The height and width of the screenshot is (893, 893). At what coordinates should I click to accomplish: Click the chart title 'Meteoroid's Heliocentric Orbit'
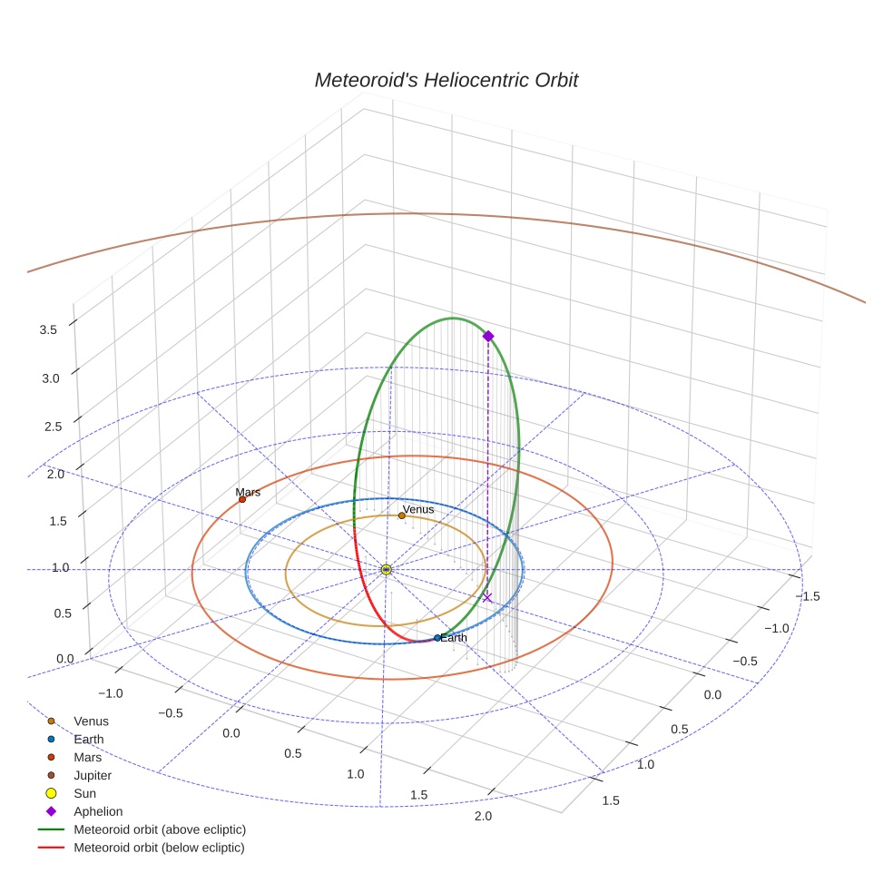pyautogui.click(x=446, y=80)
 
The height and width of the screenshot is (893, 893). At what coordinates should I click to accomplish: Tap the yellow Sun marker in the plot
pyautogui.click(x=387, y=569)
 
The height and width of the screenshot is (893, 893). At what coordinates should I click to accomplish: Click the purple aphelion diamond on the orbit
pyautogui.click(x=488, y=336)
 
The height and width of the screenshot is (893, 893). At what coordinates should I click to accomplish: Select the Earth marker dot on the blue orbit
pyautogui.click(x=437, y=638)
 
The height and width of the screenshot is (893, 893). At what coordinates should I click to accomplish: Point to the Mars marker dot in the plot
pyautogui.click(x=242, y=499)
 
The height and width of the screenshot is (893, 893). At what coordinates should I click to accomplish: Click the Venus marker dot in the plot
pyautogui.click(x=402, y=515)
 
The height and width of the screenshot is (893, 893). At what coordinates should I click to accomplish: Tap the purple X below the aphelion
pyautogui.click(x=487, y=597)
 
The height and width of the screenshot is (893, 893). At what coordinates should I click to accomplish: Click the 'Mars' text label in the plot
pyautogui.click(x=248, y=492)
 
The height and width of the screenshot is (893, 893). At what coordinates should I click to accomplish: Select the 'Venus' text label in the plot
pyautogui.click(x=418, y=509)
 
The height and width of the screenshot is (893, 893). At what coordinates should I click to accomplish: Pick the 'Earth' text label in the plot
pyautogui.click(x=454, y=638)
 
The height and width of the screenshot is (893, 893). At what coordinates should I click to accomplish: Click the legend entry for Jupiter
pyautogui.click(x=92, y=775)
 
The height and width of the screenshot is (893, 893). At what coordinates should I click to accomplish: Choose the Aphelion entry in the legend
pyautogui.click(x=97, y=811)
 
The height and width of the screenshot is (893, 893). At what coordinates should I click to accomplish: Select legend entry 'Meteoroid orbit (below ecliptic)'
pyautogui.click(x=159, y=848)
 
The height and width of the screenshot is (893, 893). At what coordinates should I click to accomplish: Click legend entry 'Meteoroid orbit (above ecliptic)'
pyautogui.click(x=159, y=829)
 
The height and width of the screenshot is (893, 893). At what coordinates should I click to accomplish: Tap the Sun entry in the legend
pyautogui.click(x=84, y=793)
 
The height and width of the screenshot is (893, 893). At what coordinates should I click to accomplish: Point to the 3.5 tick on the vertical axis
pyautogui.click(x=48, y=330)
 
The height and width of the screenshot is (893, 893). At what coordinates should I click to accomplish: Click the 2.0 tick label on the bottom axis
pyautogui.click(x=483, y=816)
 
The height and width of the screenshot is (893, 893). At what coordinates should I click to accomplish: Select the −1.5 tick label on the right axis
pyautogui.click(x=808, y=595)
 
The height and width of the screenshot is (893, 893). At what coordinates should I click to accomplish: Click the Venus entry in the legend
pyautogui.click(x=91, y=721)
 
